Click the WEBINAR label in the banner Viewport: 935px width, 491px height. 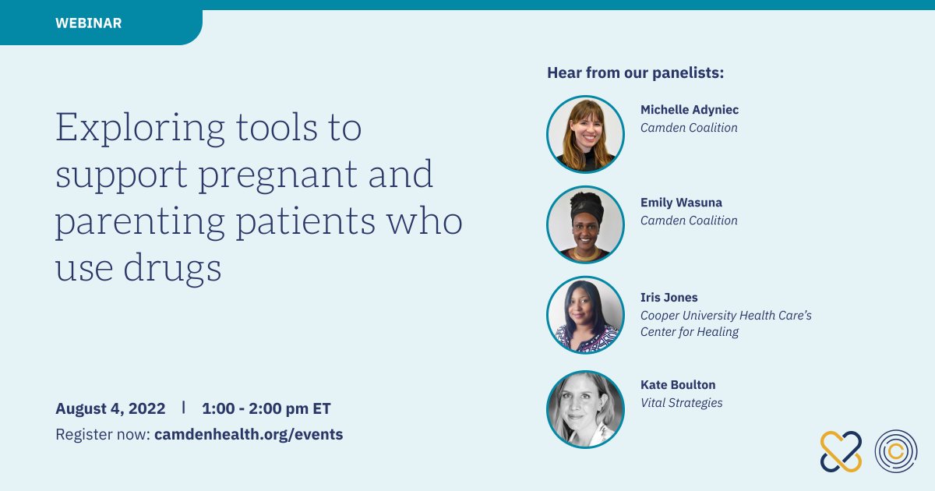click(89, 23)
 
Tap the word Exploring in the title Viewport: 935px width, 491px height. click(140, 128)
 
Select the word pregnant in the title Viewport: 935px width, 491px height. click(277, 175)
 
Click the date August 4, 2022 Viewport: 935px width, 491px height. click(110, 408)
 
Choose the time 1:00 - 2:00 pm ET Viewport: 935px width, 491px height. click(266, 408)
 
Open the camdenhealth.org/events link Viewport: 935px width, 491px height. click(249, 434)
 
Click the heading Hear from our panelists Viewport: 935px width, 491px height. click(635, 72)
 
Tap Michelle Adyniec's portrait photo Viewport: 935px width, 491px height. click(585, 134)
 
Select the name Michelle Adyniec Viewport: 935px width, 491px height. click(690, 110)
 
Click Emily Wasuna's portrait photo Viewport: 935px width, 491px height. click(585, 224)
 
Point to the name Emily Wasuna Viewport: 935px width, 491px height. click(681, 203)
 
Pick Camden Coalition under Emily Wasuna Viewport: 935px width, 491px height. click(689, 221)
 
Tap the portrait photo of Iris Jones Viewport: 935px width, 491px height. click(585, 315)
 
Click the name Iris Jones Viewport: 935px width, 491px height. click(669, 297)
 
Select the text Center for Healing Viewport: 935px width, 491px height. click(690, 332)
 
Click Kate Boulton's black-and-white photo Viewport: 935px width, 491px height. click(585, 410)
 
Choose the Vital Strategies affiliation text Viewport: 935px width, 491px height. click(682, 403)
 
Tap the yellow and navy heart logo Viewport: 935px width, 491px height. click(841, 452)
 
